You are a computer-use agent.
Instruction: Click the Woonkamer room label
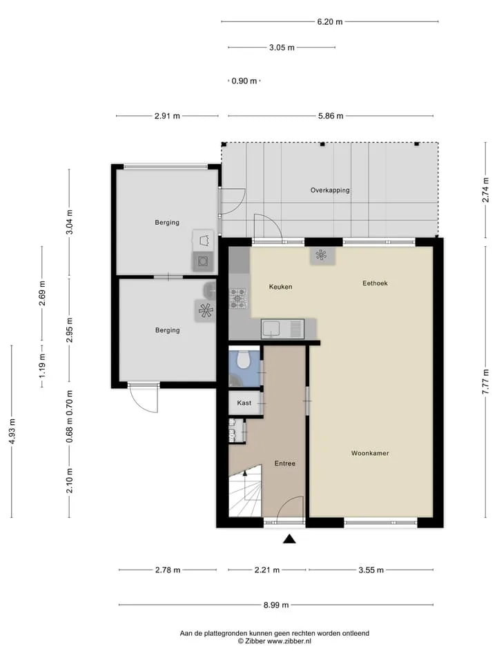click(x=370, y=453)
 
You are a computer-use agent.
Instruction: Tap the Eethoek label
click(x=375, y=283)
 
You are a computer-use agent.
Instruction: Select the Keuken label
click(x=281, y=287)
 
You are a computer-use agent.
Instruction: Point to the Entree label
click(x=285, y=463)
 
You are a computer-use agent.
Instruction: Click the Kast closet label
click(x=244, y=403)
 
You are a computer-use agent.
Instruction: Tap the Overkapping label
click(x=330, y=190)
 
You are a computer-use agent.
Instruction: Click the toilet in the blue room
click(x=243, y=359)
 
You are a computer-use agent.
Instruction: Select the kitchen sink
click(x=283, y=329)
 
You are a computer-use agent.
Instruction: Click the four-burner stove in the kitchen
click(x=237, y=298)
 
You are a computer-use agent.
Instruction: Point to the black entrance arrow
click(x=289, y=539)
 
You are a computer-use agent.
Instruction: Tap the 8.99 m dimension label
click(x=276, y=605)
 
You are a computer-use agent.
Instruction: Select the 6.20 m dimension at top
click(x=330, y=21)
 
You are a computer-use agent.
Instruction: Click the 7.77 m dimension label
click(x=486, y=381)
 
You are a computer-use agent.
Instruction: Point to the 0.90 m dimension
click(x=244, y=81)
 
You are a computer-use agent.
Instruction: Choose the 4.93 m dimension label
click(x=12, y=431)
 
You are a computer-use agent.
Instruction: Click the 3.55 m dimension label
click(x=371, y=570)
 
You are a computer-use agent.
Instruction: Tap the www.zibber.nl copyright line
click(x=274, y=641)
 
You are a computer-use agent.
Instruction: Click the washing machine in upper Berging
click(x=203, y=261)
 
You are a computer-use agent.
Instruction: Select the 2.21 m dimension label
click(x=266, y=570)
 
